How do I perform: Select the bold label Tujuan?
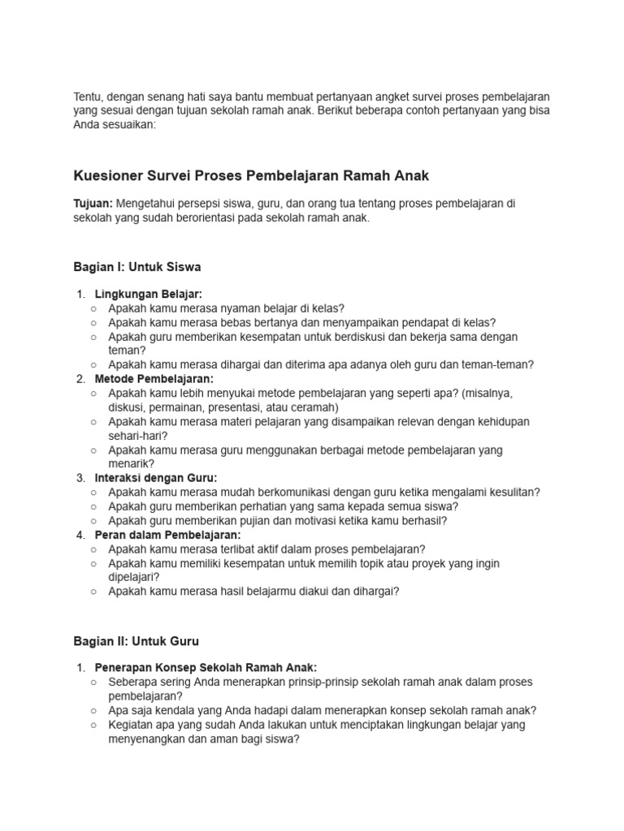click(x=93, y=204)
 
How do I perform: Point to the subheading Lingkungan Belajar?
click(x=148, y=294)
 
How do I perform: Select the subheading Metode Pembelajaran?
click(x=154, y=379)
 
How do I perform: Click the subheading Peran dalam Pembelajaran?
click(x=167, y=535)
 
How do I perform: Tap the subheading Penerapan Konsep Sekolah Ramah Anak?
click(x=206, y=668)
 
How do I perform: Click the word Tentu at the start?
click(x=88, y=97)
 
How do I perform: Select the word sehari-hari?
click(x=136, y=436)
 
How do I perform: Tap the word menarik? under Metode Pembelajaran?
click(x=131, y=464)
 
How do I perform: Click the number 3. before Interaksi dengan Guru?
click(x=80, y=478)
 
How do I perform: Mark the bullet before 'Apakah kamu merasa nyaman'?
click(x=94, y=308)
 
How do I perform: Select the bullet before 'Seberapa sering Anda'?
click(x=94, y=682)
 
